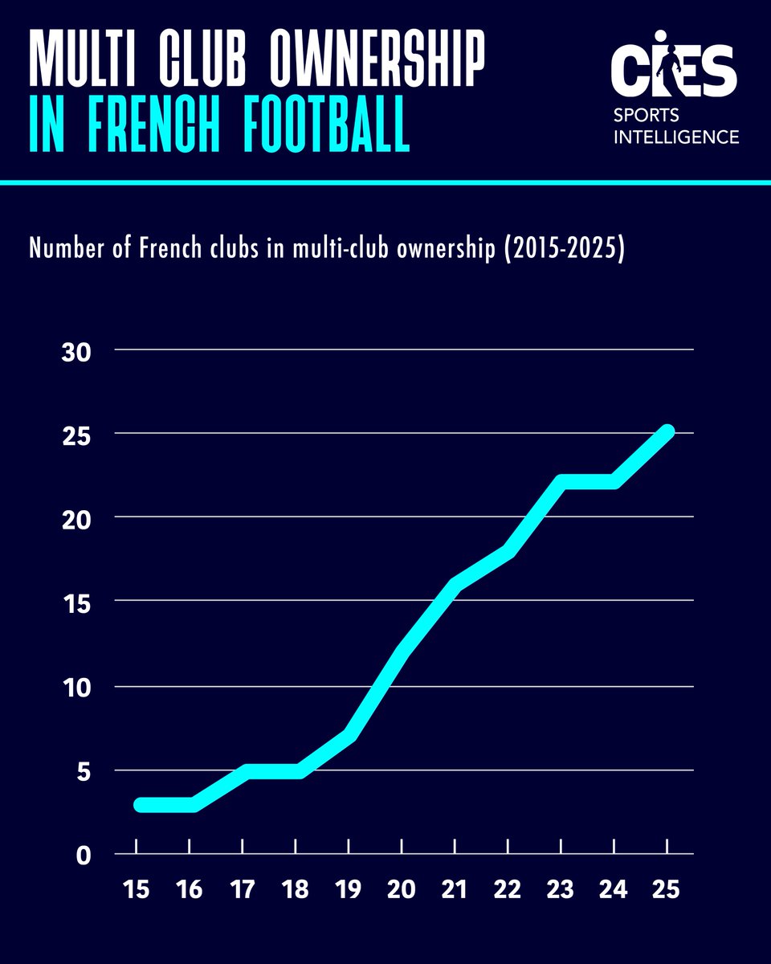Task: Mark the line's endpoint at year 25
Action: click(x=667, y=431)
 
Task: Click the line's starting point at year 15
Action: click(x=140, y=804)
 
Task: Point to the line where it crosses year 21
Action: click(x=455, y=585)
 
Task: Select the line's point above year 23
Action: click(x=561, y=482)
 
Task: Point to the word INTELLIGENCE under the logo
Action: click(x=676, y=137)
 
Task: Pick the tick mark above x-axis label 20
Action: click(x=402, y=846)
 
